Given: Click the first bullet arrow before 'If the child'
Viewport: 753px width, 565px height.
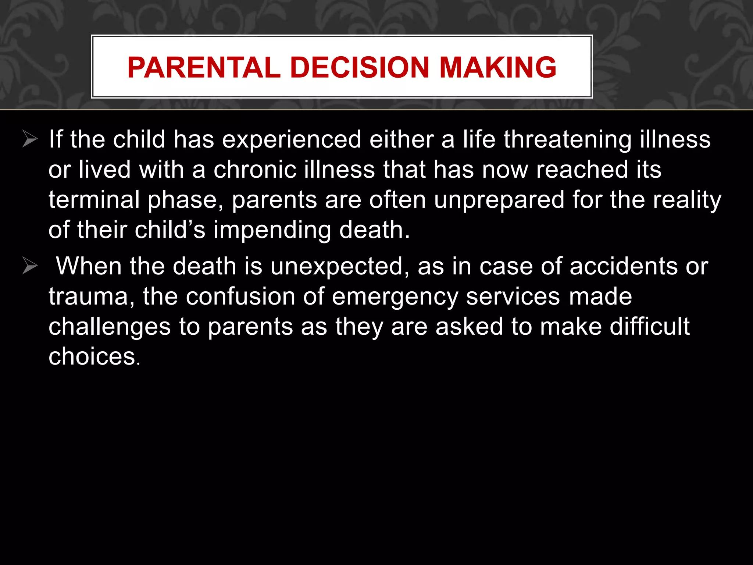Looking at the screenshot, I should click(30, 139).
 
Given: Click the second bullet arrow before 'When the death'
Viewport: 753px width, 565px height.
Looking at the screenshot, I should click(30, 266).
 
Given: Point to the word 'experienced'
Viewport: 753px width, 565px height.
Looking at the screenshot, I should click(292, 140).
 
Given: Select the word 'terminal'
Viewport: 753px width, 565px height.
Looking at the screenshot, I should click(94, 200).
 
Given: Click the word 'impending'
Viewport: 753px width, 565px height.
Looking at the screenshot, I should click(272, 231).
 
